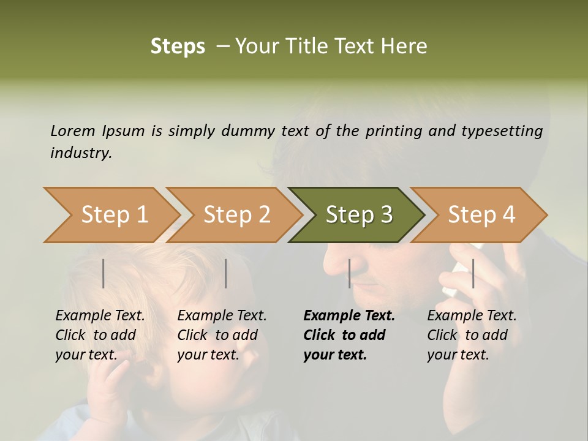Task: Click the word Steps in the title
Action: pos(178,47)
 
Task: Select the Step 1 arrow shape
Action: pos(110,215)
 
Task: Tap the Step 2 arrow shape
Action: pos(236,215)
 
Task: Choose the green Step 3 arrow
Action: pos(359,215)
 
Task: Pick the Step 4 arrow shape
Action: pos(481,215)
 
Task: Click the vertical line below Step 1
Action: pos(104,273)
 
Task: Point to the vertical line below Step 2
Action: pos(226,273)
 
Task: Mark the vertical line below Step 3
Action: pos(349,273)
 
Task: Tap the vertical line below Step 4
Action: pos(473,273)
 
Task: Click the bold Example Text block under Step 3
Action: pos(349,335)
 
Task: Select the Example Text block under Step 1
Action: pos(100,335)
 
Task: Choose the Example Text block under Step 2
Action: pos(222,335)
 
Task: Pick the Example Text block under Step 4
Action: pos(472,335)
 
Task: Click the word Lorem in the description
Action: pos(73,130)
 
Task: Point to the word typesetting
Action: pos(507,131)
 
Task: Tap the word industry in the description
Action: pos(81,153)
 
